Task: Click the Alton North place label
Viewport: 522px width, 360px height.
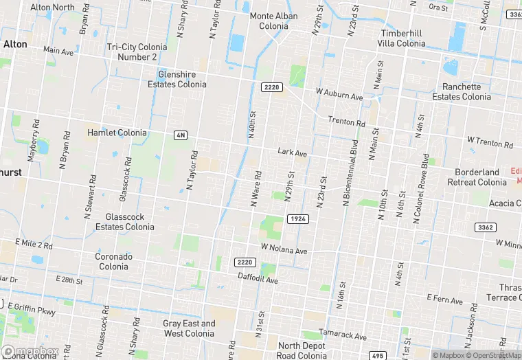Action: point(52,8)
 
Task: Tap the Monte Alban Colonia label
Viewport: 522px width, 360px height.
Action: point(273,21)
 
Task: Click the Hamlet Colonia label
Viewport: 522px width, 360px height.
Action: point(117,133)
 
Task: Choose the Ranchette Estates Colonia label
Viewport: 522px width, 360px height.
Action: point(462,92)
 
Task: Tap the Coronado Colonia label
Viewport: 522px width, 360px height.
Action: point(114,261)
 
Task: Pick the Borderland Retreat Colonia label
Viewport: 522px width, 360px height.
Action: point(477,177)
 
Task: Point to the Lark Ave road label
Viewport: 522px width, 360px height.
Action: point(292,153)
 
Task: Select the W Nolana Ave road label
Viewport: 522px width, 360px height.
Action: point(284,249)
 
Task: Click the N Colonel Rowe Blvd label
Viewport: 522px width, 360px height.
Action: point(422,188)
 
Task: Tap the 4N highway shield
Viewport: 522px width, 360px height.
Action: point(181,135)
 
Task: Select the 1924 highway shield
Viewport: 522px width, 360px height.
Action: point(297,218)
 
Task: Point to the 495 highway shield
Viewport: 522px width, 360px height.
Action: point(377,355)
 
